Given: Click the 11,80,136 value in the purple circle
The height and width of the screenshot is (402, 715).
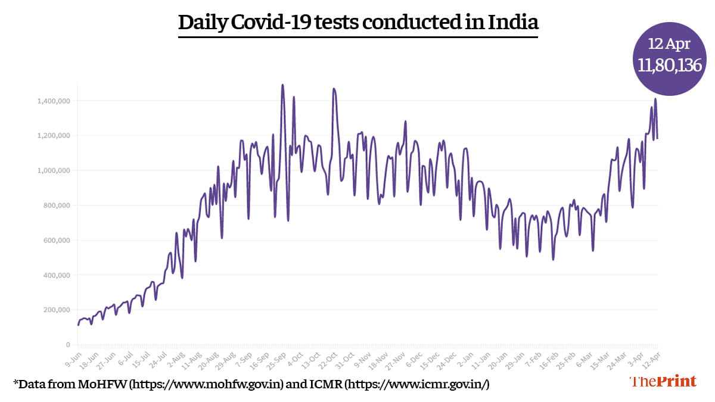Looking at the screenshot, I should [669, 66].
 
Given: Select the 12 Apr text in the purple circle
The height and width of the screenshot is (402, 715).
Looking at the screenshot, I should [669, 43].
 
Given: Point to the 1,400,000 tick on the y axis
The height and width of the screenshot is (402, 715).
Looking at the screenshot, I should [53, 101].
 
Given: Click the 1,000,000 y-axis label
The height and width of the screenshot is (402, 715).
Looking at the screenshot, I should [53, 170].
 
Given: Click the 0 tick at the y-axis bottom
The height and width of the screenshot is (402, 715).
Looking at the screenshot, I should [69, 345].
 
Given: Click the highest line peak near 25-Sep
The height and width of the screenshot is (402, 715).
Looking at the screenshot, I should [282, 85].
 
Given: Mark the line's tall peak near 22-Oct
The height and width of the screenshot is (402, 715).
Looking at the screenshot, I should [334, 89].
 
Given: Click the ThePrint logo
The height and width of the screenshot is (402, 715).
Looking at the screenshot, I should [663, 382].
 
